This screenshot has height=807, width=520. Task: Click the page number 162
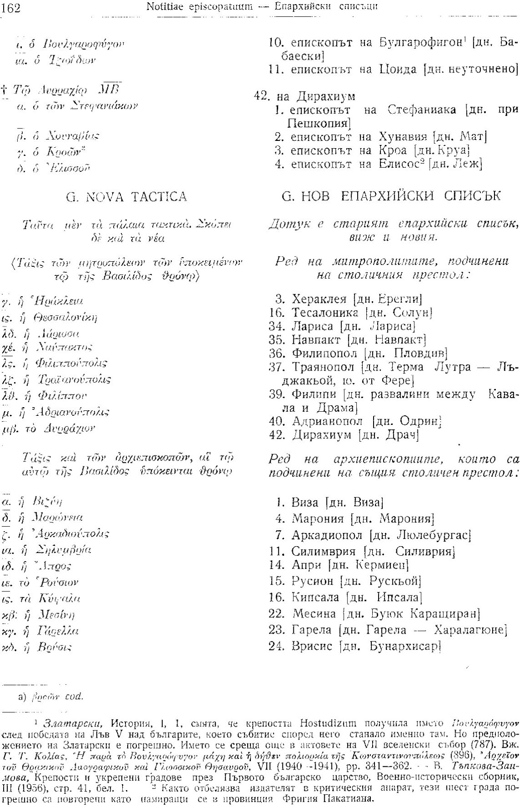[11, 8]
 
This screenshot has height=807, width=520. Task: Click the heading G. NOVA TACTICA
[126, 197]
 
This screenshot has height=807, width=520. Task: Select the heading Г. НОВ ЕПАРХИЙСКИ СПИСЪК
[391, 197]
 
